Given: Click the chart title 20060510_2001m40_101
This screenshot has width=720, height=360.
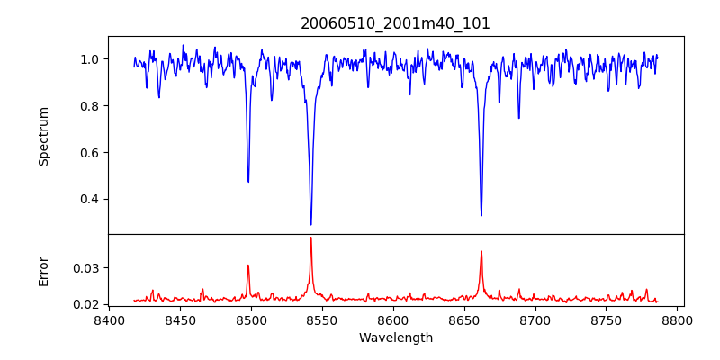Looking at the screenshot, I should pos(395,23).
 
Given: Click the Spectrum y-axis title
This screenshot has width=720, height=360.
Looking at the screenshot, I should pos(44,136).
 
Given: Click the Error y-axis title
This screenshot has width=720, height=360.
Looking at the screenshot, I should pos(44,271).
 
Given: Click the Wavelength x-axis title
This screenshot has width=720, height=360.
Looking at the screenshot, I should pos(395,338).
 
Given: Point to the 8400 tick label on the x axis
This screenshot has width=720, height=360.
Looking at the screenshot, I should pos(109,320).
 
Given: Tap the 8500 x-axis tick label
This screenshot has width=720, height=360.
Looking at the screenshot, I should pos(251,320).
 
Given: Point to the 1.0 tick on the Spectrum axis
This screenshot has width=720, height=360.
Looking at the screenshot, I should pos(90,59).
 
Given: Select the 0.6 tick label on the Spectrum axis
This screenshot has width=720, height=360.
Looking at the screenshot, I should pos(90,153).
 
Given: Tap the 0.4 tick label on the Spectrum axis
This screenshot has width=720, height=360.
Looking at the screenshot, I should pos(90,200).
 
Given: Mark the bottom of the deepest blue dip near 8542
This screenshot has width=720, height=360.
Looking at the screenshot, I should pos(310,224).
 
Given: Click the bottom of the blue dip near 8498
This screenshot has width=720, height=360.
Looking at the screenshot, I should pos(248,182).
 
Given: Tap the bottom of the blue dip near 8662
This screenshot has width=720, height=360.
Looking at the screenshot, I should pos(481,215).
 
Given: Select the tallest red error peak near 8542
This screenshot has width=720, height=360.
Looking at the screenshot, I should pos(310,238).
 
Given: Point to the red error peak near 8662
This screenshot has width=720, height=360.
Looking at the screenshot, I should pos(481,251).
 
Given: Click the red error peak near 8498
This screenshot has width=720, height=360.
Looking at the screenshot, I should pos(248,265).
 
